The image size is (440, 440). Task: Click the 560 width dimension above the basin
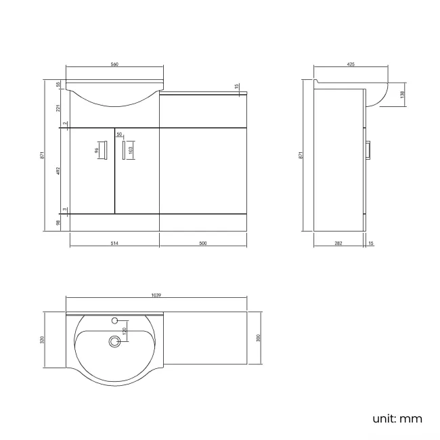(114, 64)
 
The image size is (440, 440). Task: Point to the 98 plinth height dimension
(58, 222)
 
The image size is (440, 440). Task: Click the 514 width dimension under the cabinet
(114, 244)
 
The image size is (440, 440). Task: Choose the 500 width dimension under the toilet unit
(203, 244)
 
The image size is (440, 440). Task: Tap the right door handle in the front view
(124, 150)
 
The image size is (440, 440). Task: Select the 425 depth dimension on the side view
(351, 64)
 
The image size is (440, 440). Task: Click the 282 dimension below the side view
(338, 244)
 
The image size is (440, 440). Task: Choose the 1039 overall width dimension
(156, 294)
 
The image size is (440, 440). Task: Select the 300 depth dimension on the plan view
(259, 338)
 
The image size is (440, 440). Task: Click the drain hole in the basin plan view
(114, 343)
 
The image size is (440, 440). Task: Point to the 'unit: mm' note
(397, 418)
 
